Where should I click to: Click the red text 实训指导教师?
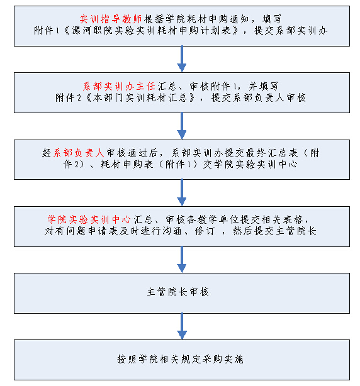pos(111,19)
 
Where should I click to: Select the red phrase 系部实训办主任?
pos(119,86)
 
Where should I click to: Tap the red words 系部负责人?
pos(79,153)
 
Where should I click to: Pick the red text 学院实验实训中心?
pos(89,219)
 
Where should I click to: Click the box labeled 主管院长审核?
pos(182,293)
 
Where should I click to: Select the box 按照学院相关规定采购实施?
pos(182,360)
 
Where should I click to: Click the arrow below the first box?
pos(182,59)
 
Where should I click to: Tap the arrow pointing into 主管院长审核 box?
pos(182,260)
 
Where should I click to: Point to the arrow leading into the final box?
pos(182,326)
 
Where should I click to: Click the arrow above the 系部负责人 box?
pos(182,126)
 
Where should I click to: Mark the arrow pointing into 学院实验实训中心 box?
pos(182,192)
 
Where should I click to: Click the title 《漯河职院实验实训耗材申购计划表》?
pos(151,31)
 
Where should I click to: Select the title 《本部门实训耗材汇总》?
pos(140,97)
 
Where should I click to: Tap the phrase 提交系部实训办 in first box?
pos(291,31)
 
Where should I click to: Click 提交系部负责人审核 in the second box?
pos(259,97)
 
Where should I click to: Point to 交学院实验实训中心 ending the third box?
pos(250,164)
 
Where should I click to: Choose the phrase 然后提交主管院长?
pos(274,231)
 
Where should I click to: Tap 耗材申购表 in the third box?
pos(127,164)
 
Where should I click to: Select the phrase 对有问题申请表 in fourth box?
pos(81,231)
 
